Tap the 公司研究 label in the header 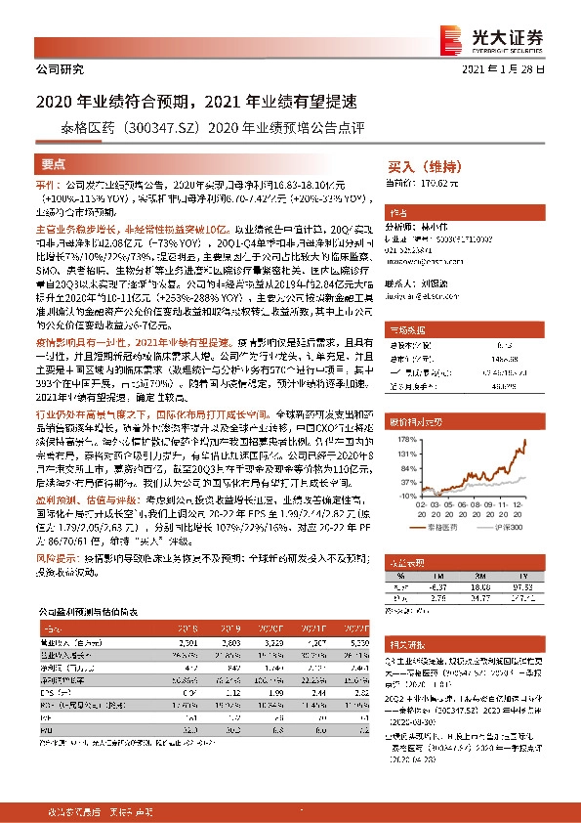[60, 70]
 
